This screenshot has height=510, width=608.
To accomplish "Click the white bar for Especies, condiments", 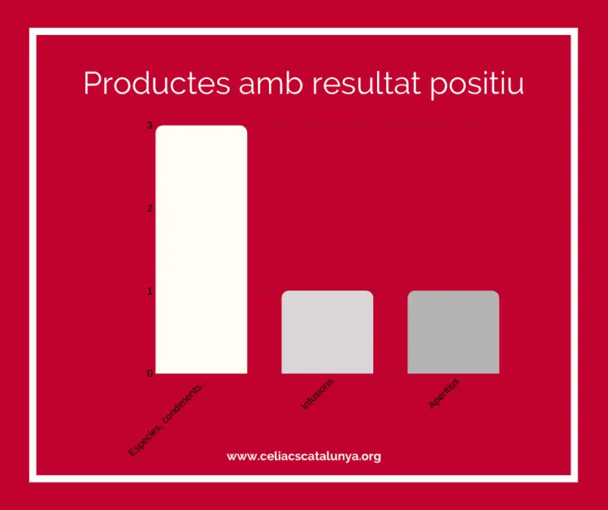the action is click(201, 249).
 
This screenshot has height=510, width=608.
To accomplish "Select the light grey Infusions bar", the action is click(328, 332).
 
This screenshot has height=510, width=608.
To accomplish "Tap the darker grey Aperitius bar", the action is click(453, 332).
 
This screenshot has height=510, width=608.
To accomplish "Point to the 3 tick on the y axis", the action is click(150, 125).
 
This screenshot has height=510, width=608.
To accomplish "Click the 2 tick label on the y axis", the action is click(150, 208).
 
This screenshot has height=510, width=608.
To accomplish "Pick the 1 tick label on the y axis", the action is click(150, 291).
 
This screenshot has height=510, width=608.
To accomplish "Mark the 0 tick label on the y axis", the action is click(150, 373).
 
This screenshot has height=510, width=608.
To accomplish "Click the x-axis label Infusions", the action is click(317, 394).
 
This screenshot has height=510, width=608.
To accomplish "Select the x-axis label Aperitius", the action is click(444, 393).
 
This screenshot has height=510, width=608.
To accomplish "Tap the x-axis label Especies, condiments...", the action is click(167, 419).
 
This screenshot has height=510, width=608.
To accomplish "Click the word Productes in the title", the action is click(157, 83).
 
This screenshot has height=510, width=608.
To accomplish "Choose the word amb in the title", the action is click(271, 83).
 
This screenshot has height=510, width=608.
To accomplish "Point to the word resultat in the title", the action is click(366, 83).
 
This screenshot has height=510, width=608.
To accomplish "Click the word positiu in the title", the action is click(477, 85).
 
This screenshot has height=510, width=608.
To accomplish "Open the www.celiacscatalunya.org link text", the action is click(304, 457).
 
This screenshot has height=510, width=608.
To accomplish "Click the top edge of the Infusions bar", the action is click(328, 291).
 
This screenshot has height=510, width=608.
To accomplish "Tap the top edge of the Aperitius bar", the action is click(453, 291).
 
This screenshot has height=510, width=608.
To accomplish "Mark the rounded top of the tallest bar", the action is click(201, 126).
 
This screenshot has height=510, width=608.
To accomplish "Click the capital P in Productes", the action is click(92, 83).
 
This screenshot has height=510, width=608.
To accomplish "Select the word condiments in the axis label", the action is click(182, 405).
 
